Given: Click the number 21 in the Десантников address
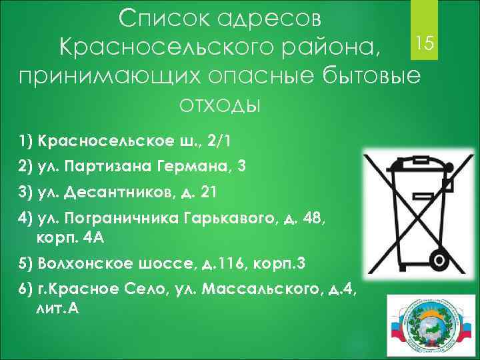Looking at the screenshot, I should [x=208, y=193].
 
